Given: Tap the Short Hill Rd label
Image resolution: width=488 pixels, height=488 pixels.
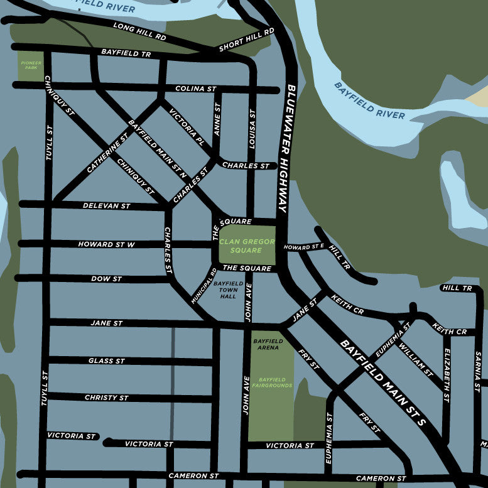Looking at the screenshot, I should pos(247,40).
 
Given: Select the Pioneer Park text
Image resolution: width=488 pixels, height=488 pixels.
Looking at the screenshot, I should pos(30,65).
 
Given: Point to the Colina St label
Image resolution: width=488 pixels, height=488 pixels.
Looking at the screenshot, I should pos(196,89).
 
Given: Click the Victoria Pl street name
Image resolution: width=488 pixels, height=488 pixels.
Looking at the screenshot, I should pos(187,127).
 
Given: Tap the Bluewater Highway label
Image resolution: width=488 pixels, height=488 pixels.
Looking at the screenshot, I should pos(286,148).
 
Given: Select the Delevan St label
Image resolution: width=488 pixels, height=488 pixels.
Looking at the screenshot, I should pos(106,206).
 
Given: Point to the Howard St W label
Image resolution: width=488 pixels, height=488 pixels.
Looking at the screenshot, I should pos(106,244).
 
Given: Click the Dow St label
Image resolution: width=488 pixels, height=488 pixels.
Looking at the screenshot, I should pos(106,278).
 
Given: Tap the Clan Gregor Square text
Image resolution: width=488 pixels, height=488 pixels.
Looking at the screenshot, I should pos(247,246).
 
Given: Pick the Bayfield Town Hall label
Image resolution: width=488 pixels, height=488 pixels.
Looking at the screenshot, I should pos(229,290).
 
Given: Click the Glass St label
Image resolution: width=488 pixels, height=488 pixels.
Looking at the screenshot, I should pos(106,361).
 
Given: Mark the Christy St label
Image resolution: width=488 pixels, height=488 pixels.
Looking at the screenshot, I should pos(106,398).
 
